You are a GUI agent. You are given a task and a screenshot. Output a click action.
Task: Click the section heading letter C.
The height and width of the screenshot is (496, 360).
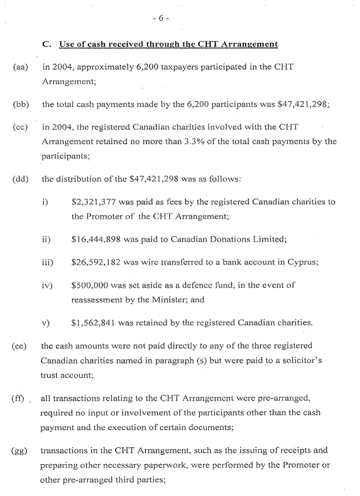point(47,45)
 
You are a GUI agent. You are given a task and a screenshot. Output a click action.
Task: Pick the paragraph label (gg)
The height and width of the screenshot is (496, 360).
point(20,451)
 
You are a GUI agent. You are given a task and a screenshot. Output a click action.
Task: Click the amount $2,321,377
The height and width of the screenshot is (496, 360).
point(95,202)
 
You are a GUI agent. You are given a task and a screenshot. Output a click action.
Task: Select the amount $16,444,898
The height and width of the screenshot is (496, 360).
point(98,239)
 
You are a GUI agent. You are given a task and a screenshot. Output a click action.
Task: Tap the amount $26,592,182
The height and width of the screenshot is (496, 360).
point(98,262)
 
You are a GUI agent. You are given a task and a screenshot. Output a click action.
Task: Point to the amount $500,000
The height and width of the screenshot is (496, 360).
point(91,286)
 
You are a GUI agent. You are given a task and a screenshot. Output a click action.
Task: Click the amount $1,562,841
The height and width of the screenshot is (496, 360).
point(95,323)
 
